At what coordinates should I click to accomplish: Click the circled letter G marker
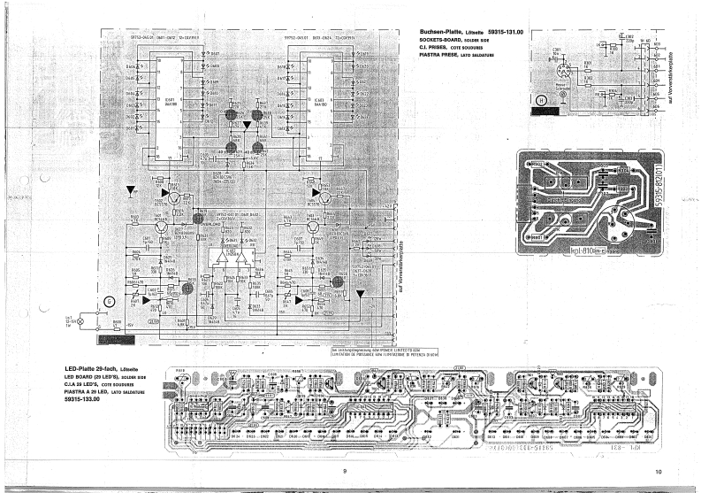coord(109,301)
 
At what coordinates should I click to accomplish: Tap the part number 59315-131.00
coord(505,32)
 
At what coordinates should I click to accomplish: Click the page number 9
coord(343,472)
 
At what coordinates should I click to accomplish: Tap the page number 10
coord(659,472)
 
